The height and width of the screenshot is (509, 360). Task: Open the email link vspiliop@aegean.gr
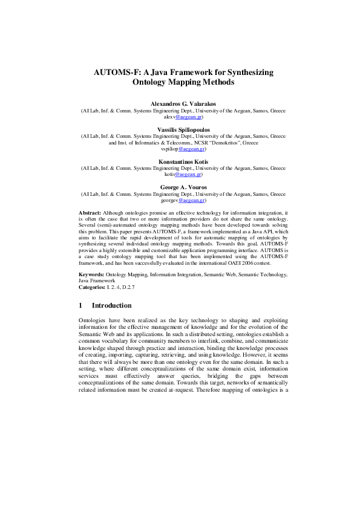click(x=192, y=149)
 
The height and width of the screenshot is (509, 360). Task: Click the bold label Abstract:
click(x=90, y=213)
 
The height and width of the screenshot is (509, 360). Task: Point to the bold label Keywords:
click(x=92, y=274)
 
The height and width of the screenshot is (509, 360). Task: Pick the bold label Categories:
click(x=94, y=287)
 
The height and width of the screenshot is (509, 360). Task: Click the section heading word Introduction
click(x=111, y=306)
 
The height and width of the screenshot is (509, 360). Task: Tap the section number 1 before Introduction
click(x=81, y=306)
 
